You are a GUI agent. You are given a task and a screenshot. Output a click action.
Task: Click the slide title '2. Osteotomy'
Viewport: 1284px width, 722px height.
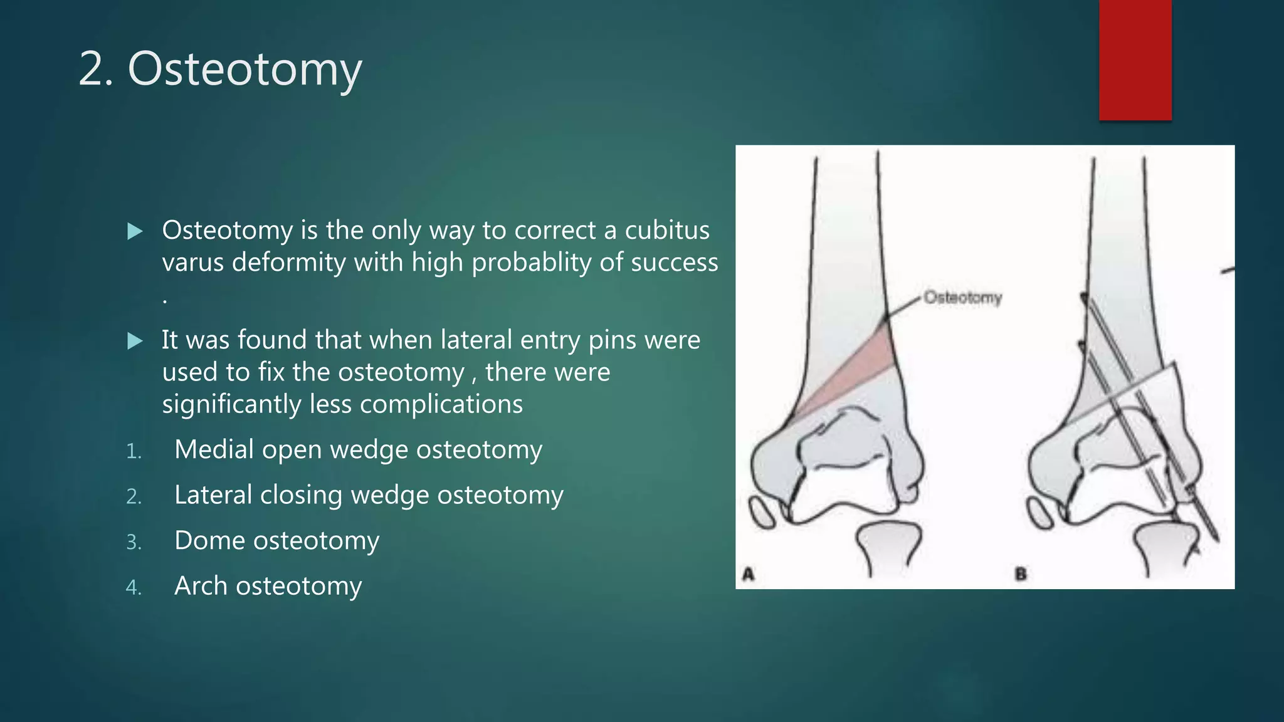[220, 69]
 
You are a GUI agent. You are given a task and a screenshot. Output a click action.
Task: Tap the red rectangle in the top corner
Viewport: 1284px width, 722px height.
[1135, 60]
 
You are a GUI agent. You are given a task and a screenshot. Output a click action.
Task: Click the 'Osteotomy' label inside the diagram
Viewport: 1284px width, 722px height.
[963, 297]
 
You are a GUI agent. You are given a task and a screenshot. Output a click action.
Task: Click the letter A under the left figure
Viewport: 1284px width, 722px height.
[748, 573]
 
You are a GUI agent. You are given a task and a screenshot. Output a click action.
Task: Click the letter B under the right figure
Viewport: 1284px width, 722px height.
[1021, 573]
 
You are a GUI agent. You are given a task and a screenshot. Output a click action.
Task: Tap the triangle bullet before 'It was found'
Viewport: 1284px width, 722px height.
[135, 341]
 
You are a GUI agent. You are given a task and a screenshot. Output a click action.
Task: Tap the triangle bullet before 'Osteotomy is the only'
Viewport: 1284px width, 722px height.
[135, 231]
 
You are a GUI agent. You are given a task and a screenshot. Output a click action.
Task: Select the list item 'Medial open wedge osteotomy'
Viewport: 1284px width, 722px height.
[358, 449]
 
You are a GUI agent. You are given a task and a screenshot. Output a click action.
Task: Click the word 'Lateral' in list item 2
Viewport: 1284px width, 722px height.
[213, 494]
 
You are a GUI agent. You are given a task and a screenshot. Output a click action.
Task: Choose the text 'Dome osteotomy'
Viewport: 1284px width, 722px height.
[276, 540]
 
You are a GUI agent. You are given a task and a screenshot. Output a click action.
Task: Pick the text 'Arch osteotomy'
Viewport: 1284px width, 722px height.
[268, 586]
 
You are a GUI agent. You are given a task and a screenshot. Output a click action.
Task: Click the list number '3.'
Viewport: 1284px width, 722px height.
[134, 542]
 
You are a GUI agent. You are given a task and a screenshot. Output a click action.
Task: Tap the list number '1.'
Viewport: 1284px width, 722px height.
[134, 451]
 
